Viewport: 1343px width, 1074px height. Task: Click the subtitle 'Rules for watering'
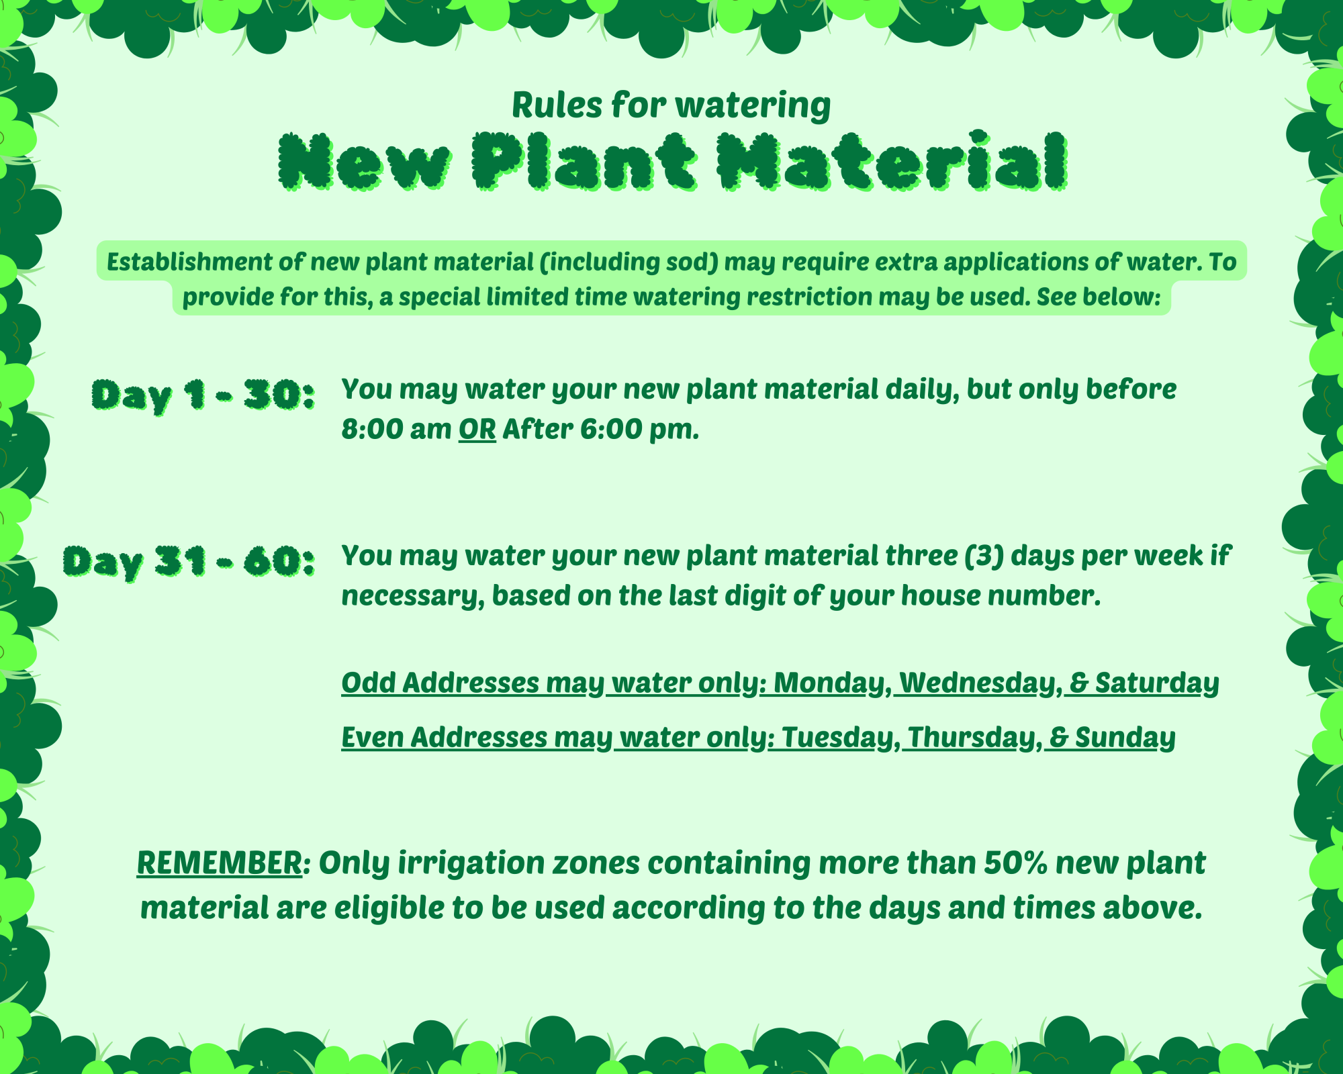click(x=671, y=105)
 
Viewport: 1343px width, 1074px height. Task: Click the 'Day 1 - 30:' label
click(x=203, y=395)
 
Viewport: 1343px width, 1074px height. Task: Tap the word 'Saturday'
click(x=1157, y=683)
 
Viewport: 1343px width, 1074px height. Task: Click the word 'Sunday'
click(x=1125, y=738)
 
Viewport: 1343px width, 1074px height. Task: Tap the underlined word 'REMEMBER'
click(x=220, y=863)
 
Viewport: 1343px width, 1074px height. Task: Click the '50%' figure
click(x=1016, y=863)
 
